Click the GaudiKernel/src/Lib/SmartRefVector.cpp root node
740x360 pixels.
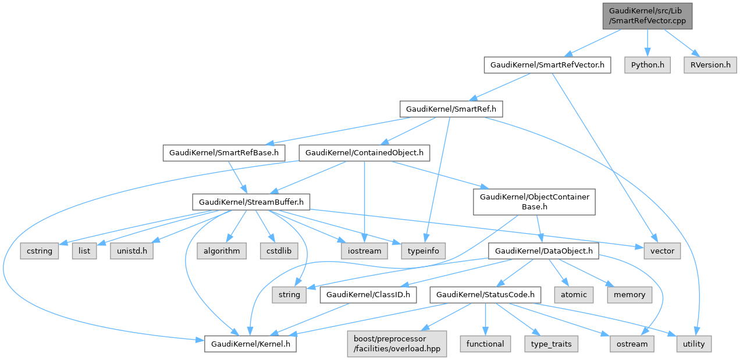coord(647,15)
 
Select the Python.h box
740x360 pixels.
coord(647,65)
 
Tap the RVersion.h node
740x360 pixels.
coord(707,65)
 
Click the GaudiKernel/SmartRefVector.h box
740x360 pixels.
coord(547,65)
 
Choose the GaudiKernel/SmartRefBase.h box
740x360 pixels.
coord(224,153)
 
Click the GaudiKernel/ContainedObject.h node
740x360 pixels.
coord(364,153)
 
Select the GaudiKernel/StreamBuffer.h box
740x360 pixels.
coord(251,202)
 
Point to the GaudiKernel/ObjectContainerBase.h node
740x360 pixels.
coord(534,202)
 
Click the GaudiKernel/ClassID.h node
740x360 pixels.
coord(368,295)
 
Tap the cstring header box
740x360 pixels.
coord(40,251)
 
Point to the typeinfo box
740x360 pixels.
coord(423,251)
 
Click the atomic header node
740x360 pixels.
coord(574,295)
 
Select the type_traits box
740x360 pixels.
coord(552,344)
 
